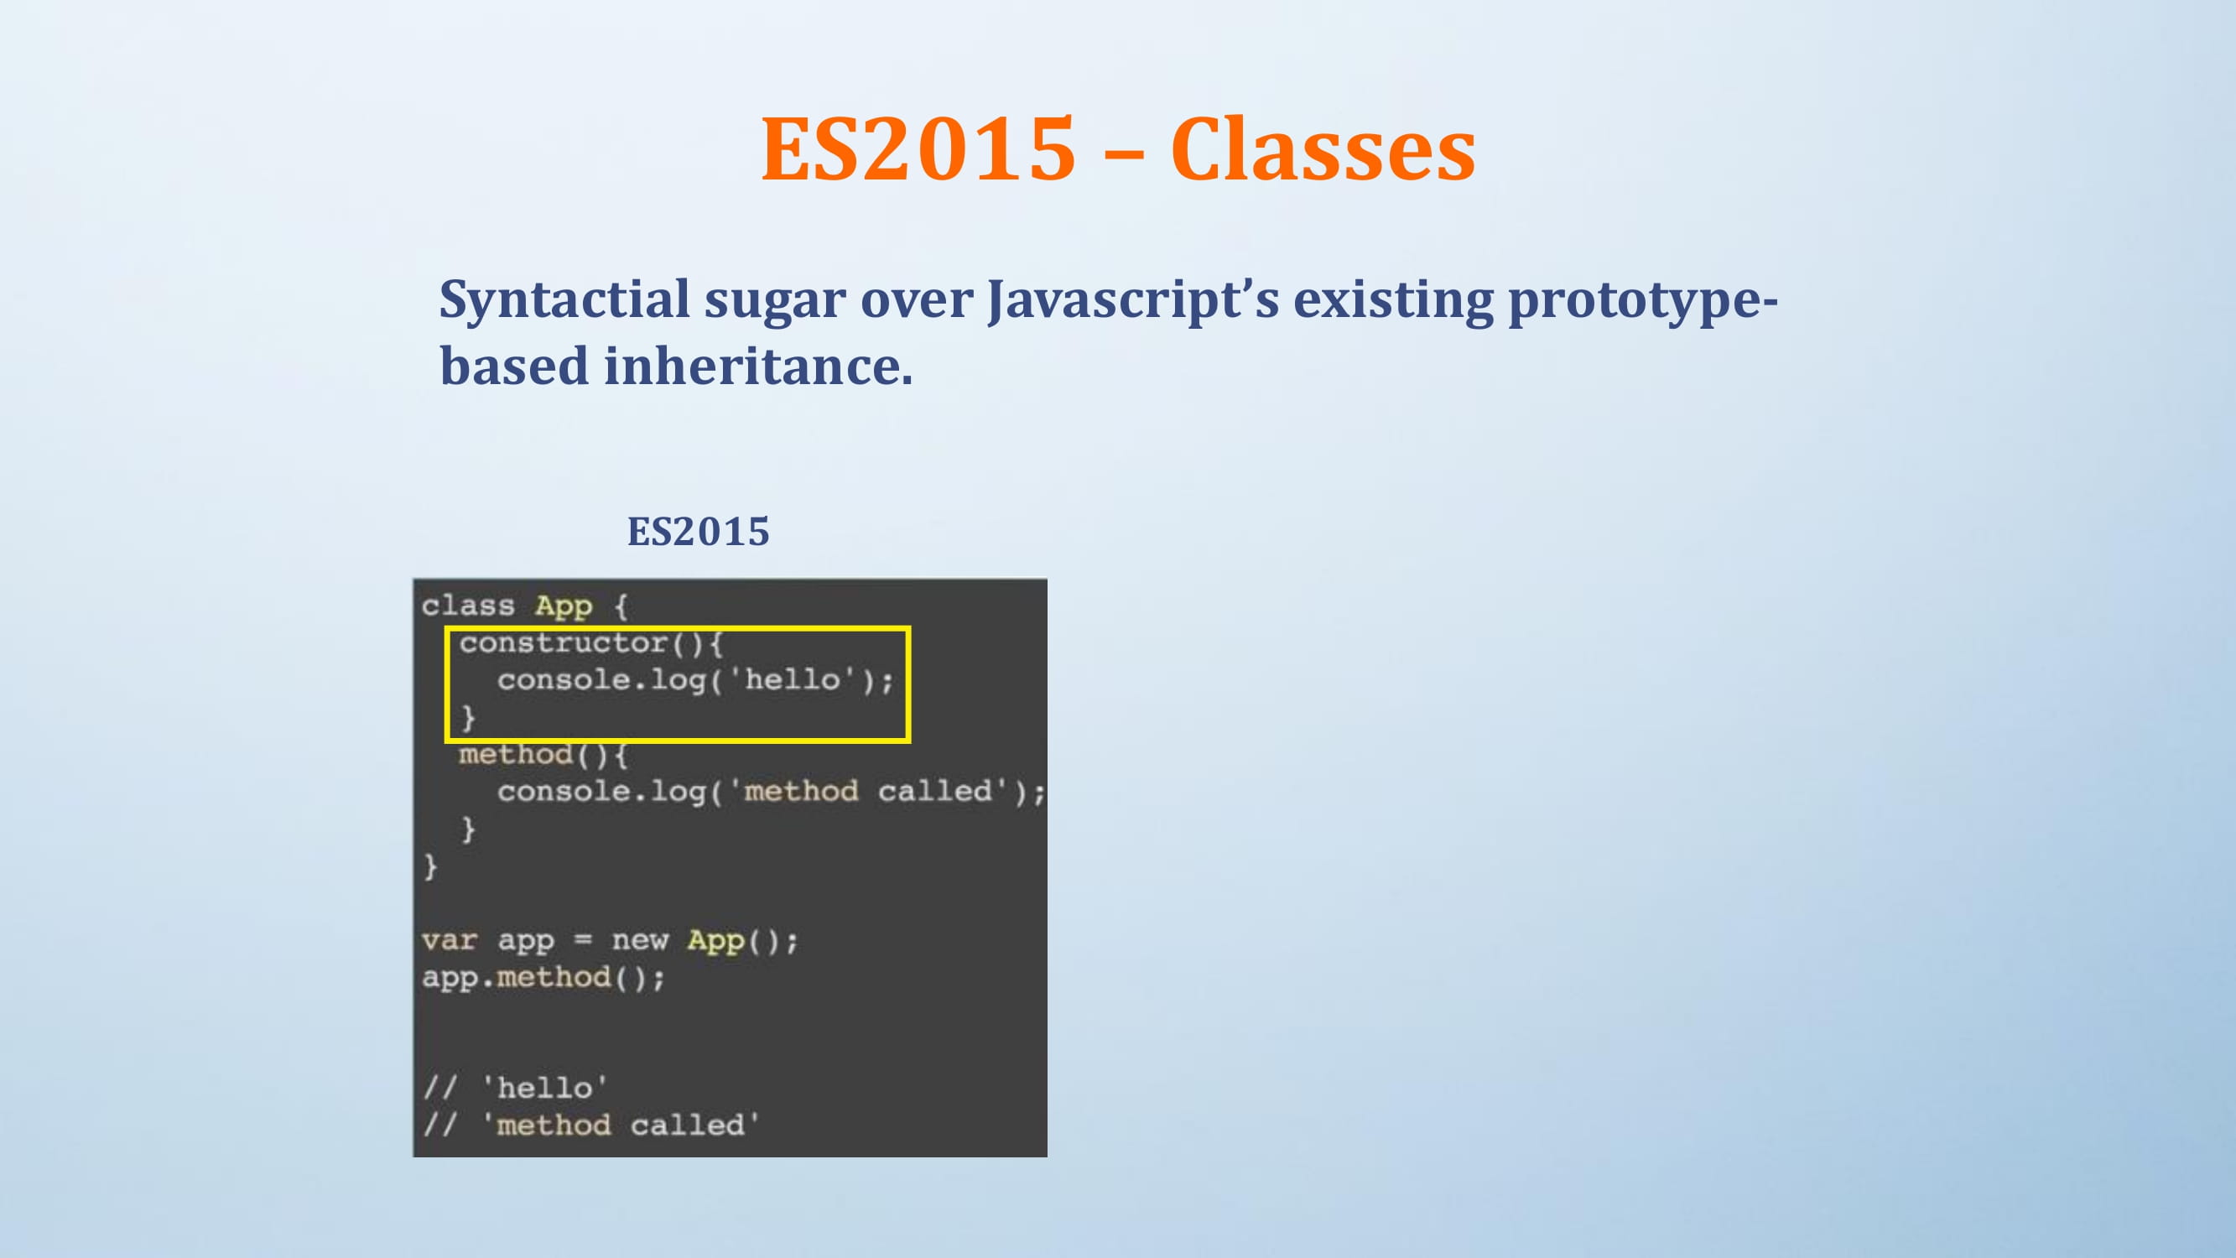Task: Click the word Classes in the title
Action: (1323, 149)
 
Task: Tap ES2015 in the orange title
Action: (918, 149)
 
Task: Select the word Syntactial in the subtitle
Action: (564, 301)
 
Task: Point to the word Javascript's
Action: (1134, 301)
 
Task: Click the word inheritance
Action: (759, 366)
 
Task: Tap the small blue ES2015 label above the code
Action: (698, 532)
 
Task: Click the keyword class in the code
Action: (468, 606)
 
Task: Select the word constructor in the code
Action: (564, 642)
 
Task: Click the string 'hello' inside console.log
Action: (791, 679)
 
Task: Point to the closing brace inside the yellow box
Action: (468, 717)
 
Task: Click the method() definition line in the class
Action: (543, 755)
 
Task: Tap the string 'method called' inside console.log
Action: (868, 791)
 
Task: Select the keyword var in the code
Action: (449, 940)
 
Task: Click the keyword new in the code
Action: (640, 940)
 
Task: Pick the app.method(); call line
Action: (543, 978)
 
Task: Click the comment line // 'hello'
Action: (515, 1088)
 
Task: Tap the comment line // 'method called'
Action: (591, 1125)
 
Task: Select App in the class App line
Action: (564, 606)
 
